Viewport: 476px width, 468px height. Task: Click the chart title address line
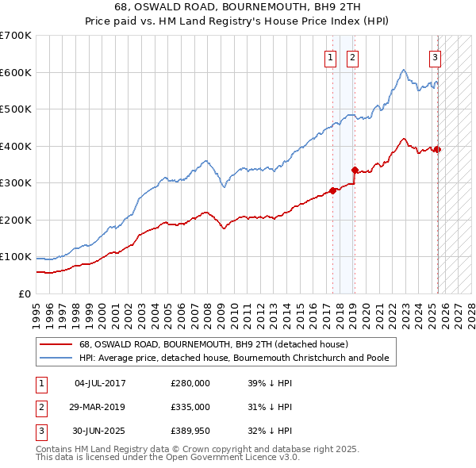coord(237,9)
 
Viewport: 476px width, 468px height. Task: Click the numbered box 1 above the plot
coord(329,56)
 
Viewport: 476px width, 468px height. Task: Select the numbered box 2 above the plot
coord(351,56)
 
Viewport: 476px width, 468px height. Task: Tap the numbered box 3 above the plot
coord(436,56)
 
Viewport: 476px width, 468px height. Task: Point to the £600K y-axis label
coord(16,72)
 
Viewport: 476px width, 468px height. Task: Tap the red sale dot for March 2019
coord(355,170)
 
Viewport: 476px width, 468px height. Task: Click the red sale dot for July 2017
coord(333,190)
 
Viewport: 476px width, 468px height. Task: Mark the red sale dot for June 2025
coord(438,149)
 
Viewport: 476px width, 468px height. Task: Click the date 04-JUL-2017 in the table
coord(99,383)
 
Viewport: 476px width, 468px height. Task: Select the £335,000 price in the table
coord(190,407)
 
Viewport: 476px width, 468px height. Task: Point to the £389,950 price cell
coord(190,431)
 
